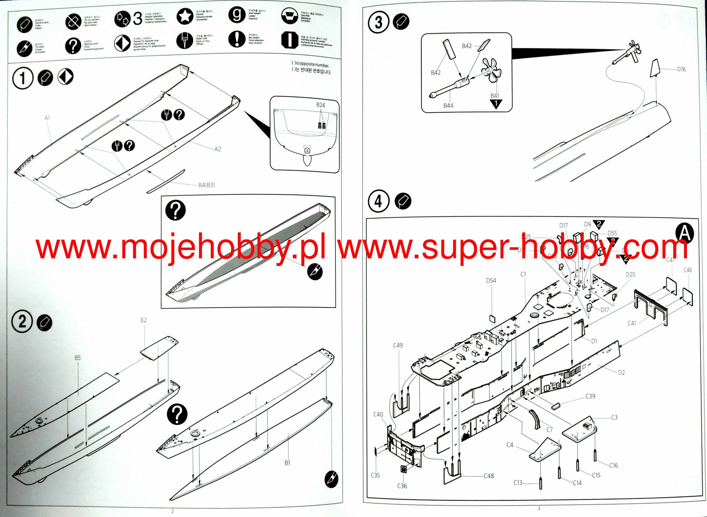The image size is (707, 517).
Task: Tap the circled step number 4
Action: click(x=378, y=201)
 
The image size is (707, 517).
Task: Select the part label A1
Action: click(x=47, y=118)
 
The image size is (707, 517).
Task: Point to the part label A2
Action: click(x=217, y=149)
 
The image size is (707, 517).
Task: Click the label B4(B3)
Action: click(x=207, y=185)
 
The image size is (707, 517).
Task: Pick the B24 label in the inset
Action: click(x=321, y=105)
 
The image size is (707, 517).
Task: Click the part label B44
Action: click(x=448, y=106)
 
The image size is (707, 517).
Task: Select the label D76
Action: click(x=681, y=69)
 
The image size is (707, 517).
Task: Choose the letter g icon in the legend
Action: click(x=237, y=15)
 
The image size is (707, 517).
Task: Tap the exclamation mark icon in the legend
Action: click(x=237, y=39)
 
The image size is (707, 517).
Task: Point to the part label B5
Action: click(x=78, y=358)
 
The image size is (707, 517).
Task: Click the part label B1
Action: click(x=287, y=463)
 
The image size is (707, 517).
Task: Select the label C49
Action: click(x=398, y=345)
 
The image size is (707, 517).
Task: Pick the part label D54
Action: click(x=491, y=281)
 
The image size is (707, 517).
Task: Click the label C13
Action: click(x=518, y=483)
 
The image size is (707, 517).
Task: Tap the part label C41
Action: click(x=632, y=323)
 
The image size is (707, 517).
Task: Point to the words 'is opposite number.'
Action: click(x=312, y=64)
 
